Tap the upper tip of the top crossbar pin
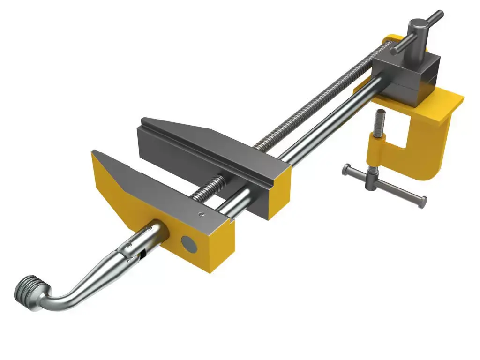click(x=440, y=14)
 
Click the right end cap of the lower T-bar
click(x=423, y=203)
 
